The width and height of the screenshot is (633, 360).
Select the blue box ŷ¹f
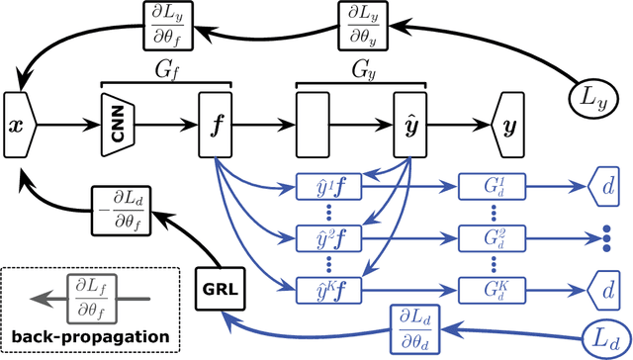click(324, 185)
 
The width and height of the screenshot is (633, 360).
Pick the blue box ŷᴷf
click(324, 288)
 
